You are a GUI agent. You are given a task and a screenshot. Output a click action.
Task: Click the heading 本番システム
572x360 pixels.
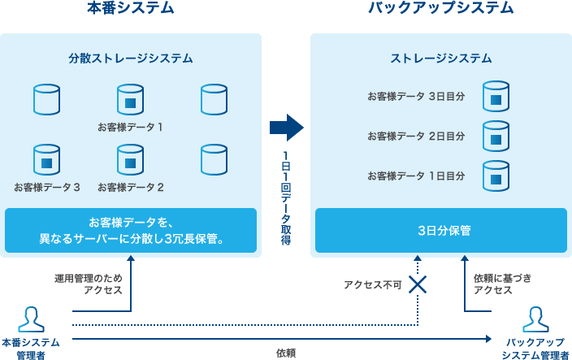[x=130, y=9]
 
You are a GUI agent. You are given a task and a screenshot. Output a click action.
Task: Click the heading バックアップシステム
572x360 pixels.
[x=440, y=9]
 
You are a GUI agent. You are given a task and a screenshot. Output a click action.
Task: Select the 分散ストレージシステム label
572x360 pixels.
[x=131, y=58]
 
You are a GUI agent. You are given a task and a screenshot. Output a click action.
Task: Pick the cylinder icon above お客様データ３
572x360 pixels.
[x=47, y=160]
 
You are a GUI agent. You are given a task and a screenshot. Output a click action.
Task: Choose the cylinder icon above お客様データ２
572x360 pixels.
[x=130, y=160]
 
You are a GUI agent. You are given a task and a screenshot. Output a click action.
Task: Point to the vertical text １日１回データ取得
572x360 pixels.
[x=286, y=198]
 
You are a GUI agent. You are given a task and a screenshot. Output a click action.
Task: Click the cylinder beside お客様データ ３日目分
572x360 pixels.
[x=496, y=96]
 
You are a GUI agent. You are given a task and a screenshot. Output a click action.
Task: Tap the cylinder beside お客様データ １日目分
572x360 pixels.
[x=496, y=176]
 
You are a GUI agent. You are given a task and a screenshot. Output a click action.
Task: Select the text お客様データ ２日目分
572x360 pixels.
[x=415, y=136]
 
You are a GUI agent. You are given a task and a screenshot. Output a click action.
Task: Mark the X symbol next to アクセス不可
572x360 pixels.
[x=418, y=284]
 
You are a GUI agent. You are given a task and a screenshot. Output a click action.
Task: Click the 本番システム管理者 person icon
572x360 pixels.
[x=30, y=319]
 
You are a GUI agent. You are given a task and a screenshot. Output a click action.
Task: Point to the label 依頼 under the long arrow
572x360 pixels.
[x=285, y=353]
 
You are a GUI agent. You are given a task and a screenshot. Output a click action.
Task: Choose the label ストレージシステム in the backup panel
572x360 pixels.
[x=440, y=58]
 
